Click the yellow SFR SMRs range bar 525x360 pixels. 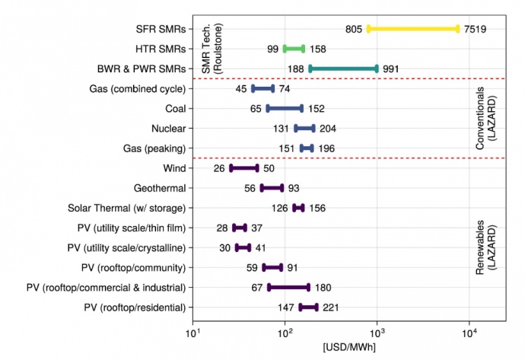tap(413, 29)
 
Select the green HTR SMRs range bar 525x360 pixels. tap(294, 49)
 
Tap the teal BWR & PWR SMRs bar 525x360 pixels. tap(343, 68)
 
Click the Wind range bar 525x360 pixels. tap(244, 167)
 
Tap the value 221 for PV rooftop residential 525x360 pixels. tap(329, 307)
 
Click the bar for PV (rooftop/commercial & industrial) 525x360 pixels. tap(288, 288)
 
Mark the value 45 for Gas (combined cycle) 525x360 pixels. tap(241, 88)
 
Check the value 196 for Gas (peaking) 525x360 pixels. tap(326, 148)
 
